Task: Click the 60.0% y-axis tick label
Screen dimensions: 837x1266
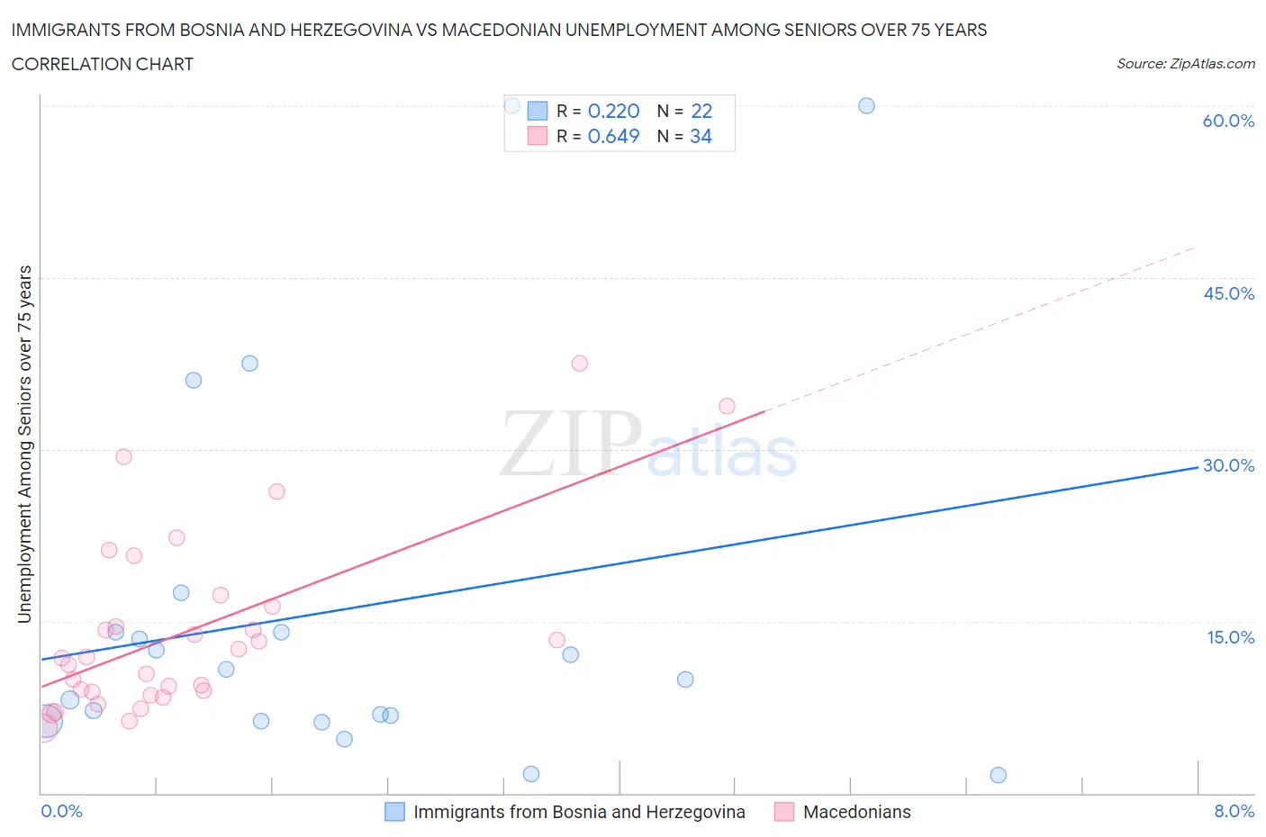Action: tap(1228, 121)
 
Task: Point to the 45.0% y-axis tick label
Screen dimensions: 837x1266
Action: tap(1228, 293)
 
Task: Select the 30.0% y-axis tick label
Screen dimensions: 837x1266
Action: tap(1228, 465)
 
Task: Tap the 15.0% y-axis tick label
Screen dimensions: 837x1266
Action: tap(1230, 637)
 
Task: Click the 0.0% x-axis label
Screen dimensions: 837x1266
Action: tap(61, 811)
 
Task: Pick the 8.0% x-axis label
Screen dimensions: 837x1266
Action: tap(1234, 811)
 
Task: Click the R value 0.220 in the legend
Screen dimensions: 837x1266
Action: tap(613, 111)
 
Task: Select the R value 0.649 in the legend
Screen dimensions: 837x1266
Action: tap(613, 136)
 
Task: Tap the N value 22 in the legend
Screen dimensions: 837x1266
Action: tap(701, 111)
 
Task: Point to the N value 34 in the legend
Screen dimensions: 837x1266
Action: tap(701, 136)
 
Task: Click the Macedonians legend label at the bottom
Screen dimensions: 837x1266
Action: tap(856, 812)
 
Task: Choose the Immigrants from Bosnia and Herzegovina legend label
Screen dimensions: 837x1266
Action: tap(579, 812)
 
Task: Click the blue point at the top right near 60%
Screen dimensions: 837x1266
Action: tap(866, 105)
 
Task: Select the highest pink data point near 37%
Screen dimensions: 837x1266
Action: tap(579, 364)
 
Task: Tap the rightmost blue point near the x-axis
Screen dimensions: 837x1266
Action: tap(998, 775)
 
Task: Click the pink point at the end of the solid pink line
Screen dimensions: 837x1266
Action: tap(727, 406)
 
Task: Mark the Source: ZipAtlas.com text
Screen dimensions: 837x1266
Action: tap(1185, 64)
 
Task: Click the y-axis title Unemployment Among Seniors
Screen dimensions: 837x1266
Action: tap(24, 444)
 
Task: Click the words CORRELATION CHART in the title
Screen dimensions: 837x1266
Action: tap(103, 64)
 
